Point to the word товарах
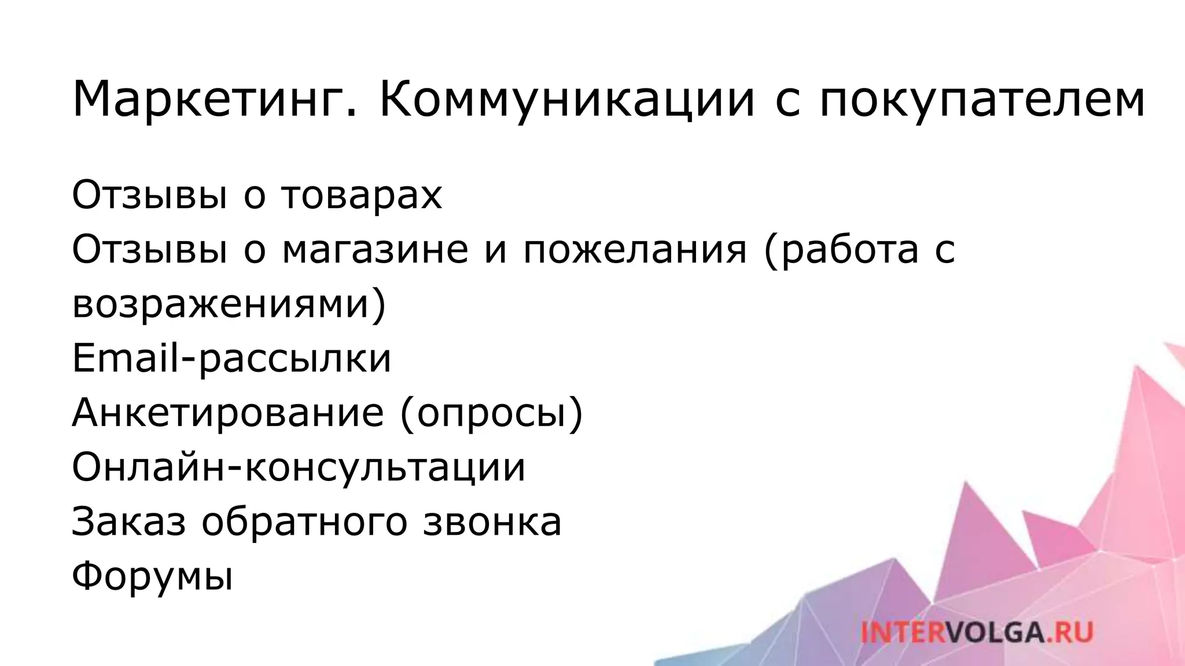(x=362, y=195)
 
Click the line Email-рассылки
(x=231, y=358)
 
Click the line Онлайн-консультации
(x=299, y=467)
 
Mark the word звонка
(x=492, y=521)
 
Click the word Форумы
(x=152, y=575)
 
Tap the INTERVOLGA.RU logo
(x=977, y=631)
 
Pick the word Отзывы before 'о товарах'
(x=149, y=195)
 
